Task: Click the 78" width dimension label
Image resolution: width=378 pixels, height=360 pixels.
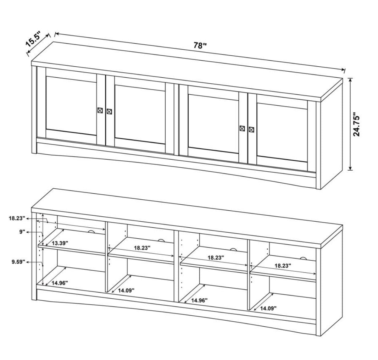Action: click(200, 45)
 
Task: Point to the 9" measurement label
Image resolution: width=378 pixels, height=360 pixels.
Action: click(22, 232)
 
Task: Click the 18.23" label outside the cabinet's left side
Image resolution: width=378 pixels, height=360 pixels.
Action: click(17, 218)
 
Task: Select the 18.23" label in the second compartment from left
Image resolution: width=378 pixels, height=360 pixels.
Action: click(142, 248)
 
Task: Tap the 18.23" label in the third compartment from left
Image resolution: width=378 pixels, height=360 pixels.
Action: click(216, 257)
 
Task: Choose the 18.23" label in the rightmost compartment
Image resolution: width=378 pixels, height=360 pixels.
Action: click(283, 266)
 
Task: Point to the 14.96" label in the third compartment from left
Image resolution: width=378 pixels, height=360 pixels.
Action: click(199, 300)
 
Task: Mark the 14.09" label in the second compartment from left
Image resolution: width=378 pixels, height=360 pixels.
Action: click(126, 290)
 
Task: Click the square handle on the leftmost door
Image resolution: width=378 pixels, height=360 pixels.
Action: click(100, 110)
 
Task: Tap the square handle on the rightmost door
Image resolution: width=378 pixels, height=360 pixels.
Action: click(251, 129)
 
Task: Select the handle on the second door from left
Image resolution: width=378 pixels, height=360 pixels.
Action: click(109, 111)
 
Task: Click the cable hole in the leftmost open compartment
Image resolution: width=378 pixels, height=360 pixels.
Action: click(91, 232)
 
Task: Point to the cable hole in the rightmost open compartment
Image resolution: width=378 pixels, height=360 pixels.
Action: click(303, 259)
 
